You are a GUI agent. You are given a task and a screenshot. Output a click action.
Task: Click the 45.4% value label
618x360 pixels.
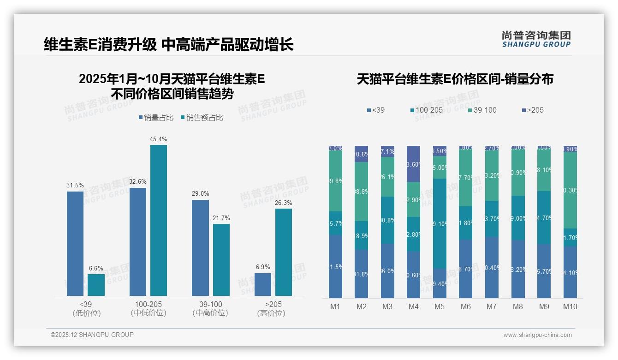tap(158, 139)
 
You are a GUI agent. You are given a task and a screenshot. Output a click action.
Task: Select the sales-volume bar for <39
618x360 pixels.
tap(75, 243)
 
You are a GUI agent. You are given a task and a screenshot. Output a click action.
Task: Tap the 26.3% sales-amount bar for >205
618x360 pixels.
tap(284, 252)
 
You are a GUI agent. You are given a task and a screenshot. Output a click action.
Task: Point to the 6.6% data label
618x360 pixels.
tap(96, 268)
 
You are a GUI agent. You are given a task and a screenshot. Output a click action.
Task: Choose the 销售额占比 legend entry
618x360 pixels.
tap(205, 118)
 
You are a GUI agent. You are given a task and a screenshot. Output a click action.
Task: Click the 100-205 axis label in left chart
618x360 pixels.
tap(148, 305)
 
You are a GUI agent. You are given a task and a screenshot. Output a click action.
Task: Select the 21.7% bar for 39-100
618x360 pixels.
tap(221, 259)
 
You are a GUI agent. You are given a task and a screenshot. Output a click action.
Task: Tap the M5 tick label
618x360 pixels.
tap(440, 306)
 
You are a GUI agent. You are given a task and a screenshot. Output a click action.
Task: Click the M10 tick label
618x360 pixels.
tap(570, 306)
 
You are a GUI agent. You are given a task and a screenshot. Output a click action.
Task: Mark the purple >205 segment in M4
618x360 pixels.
tap(414, 164)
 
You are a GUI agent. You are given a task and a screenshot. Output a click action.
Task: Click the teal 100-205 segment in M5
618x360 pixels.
tap(440, 223)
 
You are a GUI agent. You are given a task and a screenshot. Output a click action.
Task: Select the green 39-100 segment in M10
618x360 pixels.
tap(570, 190)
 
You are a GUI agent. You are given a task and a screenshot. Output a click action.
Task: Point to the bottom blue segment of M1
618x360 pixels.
tap(335, 266)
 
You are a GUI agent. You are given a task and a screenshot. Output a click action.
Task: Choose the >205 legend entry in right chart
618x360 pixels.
tap(535, 110)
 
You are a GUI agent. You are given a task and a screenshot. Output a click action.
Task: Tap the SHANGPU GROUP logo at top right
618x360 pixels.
tap(536, 39)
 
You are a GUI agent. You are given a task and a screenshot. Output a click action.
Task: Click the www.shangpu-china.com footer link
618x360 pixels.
tap(537, 335)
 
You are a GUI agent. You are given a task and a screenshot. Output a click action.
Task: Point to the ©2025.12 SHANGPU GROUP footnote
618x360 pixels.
tap(92, 335)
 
